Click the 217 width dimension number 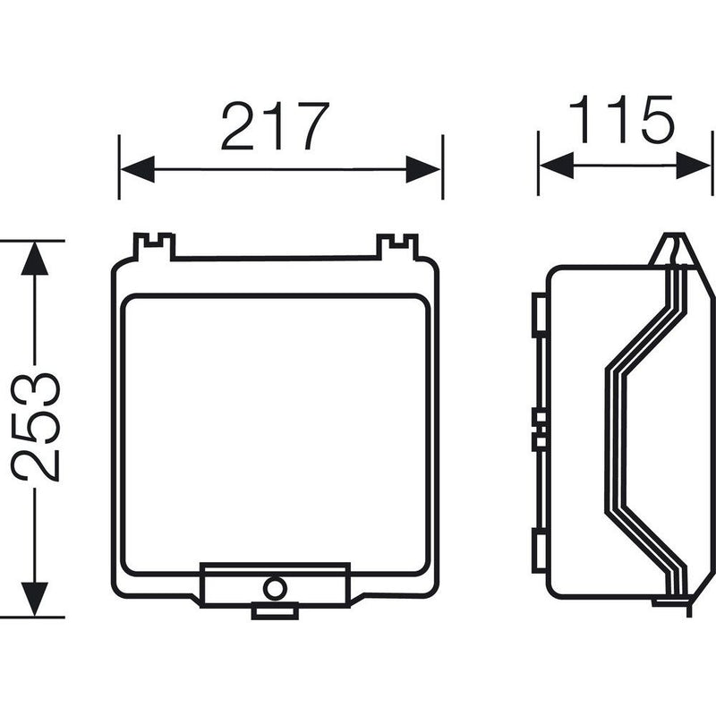tap(275, 126)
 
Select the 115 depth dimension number tap(621, 119)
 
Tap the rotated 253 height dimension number tap(36, 427)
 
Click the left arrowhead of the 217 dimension tap(138, 169)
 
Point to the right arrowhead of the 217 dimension tap(423, 169)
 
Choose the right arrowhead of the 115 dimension tap(693, 166)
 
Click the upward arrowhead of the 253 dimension tap(35, 259)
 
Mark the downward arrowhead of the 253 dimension tap(35, 599)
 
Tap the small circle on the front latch tap(275, 588)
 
